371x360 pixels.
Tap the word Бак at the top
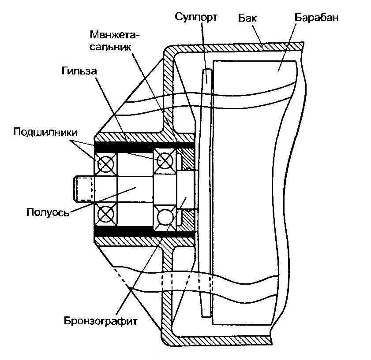pos(248,18)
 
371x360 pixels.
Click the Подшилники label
pos(45,132)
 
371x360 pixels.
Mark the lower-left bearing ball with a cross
pos(106,215)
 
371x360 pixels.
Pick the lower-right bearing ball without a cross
pos(165,217)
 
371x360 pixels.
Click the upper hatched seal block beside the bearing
pos(187,159)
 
